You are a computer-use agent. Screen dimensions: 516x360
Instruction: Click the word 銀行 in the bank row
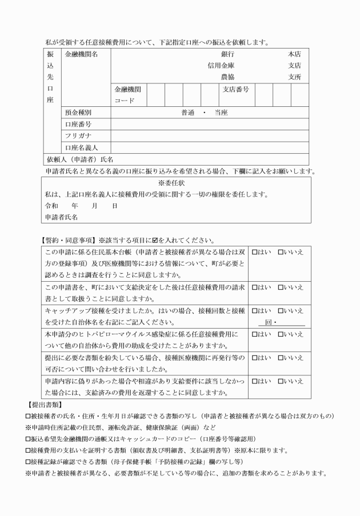[227, 54]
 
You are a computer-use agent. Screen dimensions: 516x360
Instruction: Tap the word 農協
[227, 77]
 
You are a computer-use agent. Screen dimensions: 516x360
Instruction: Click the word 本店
[294, 54]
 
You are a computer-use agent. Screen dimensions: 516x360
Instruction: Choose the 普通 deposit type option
[189, 113]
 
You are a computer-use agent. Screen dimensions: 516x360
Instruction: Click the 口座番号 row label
[78, 124]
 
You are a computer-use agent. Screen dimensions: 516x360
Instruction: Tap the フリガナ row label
[78, 136]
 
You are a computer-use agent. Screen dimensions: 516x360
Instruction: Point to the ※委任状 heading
[177, 183]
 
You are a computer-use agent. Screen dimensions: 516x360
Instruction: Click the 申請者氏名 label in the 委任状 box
[61, 217]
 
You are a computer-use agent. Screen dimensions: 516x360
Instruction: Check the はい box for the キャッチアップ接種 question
[255, 310]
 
